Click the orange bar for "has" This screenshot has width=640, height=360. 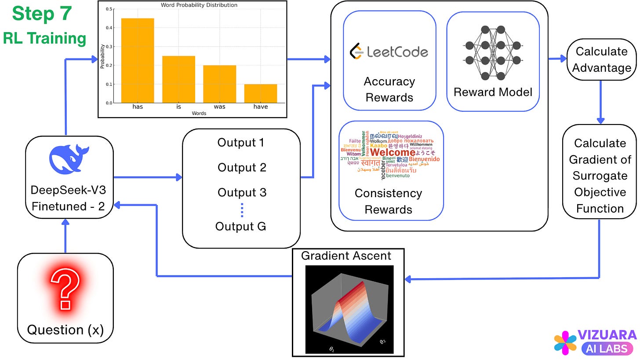pos(138,60)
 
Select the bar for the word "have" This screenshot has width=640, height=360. pos(261,93)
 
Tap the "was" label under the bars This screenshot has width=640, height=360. pos(219,107)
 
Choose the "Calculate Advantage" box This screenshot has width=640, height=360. pos(601,60)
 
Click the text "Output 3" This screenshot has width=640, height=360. pos(242,192)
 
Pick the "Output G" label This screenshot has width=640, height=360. pos(240,226)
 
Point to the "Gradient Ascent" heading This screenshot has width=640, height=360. pos(346,256)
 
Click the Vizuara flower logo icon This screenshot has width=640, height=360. pos(565,342)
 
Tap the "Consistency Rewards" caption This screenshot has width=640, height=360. pos(388,201)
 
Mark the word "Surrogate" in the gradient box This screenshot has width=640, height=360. pos(600,176)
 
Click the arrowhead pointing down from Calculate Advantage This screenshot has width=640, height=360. pos(601,120)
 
